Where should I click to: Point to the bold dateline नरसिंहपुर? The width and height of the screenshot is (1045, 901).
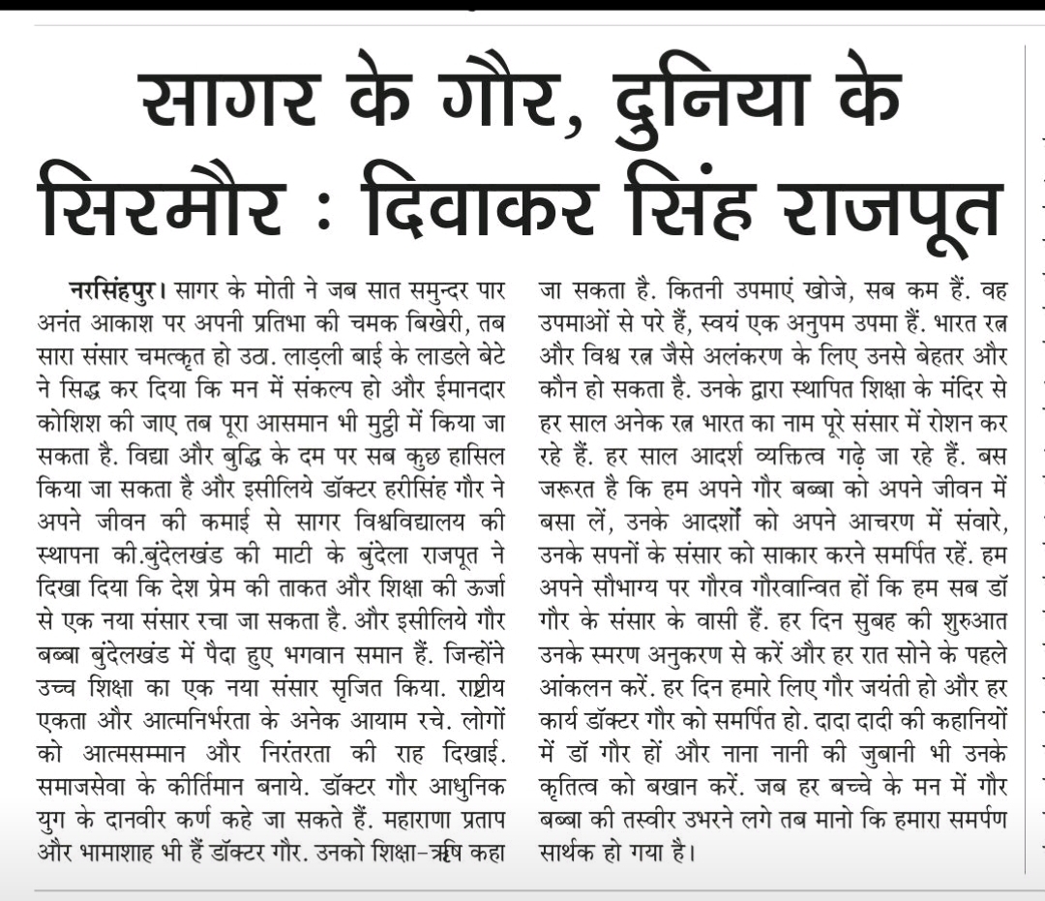[x=113, y=289]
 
